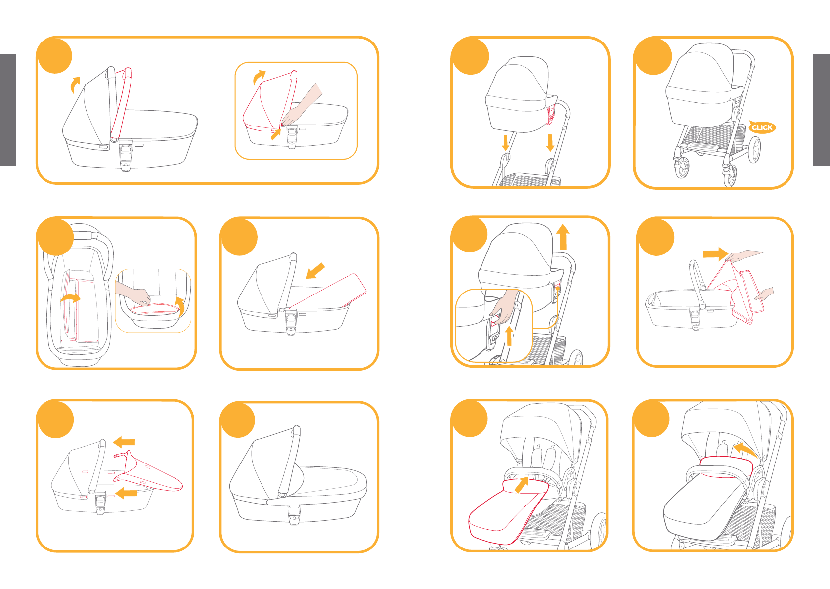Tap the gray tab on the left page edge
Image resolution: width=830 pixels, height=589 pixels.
click(x=8, y=110)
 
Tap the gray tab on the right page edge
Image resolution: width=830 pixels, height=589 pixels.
click(x=821, y=110)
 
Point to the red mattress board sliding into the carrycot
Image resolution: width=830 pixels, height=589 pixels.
click(x=328, y=291)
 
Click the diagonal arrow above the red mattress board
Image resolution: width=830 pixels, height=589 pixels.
click(x=315, y=271)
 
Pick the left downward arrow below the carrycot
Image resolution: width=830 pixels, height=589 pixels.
click(x=505, y=143)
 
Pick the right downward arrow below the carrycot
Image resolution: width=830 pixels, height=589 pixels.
click(x=550, y=143)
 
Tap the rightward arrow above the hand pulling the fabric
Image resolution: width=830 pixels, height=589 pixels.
click(x=716, y=254)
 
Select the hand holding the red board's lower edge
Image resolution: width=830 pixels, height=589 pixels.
click(x=764, y=294)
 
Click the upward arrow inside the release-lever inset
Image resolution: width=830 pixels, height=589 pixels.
click(x=510, y=336)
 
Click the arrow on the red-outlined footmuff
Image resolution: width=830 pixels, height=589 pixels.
click(x=522, y=485)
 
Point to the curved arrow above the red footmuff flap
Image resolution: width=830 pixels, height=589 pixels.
click(x=745, y=451)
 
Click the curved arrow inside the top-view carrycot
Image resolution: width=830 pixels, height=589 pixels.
click(x=70, y=298)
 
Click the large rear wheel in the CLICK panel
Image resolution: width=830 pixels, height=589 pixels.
click(x=754, y=150)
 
